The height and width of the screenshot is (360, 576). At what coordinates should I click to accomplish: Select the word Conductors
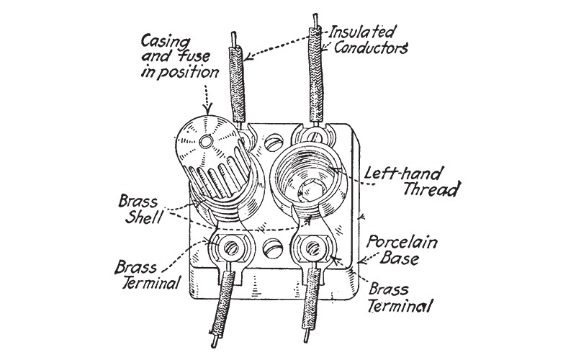[x=369, y=49]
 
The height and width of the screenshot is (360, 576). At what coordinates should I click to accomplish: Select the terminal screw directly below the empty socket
[x=312, y=249]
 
